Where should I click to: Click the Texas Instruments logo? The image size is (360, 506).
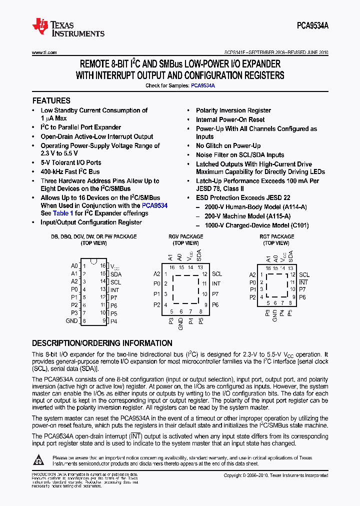pos(68,28)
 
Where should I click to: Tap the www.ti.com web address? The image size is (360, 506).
pos(44,52)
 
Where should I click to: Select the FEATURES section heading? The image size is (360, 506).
pos(51,100)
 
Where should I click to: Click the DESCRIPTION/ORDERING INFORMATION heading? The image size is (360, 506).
pos(102,343)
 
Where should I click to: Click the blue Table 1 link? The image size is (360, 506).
pos(63,213)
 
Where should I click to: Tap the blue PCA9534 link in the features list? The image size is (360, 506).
pos(154,205)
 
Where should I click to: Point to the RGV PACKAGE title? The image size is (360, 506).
pos(186,236)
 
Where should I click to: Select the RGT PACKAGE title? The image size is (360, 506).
pos(276,236)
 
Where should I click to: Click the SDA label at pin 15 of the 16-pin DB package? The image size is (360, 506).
pos(116,274)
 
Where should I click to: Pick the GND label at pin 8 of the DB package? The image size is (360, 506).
pos(72,321)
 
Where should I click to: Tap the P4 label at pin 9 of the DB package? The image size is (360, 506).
pos(114,321)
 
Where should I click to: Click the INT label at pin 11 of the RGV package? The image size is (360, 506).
pos(216,283)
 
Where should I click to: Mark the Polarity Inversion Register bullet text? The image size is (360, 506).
pos(233,110)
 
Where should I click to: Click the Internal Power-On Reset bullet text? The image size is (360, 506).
pos(230,119)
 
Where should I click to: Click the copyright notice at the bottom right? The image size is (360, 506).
pos(275,475)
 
